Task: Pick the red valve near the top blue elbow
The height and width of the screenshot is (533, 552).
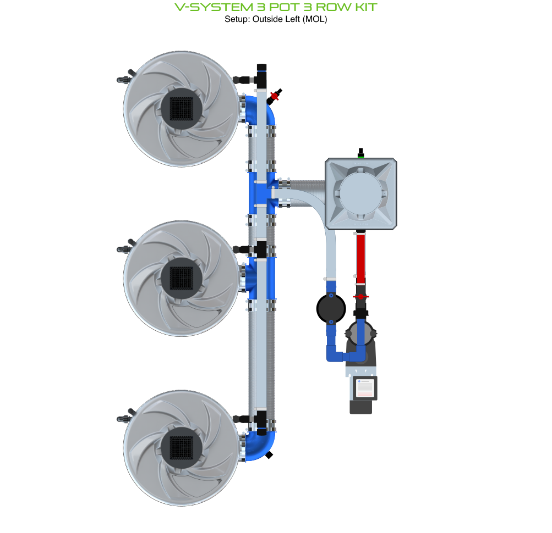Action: point(275,96)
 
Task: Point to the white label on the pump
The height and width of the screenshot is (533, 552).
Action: point(364,388)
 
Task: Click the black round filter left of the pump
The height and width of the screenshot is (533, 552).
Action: point(331,309)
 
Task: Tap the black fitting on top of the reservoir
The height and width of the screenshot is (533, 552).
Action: point(360,152)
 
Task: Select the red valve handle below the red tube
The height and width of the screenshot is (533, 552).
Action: point(360,297)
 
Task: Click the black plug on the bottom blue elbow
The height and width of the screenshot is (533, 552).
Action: point(269,455)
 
